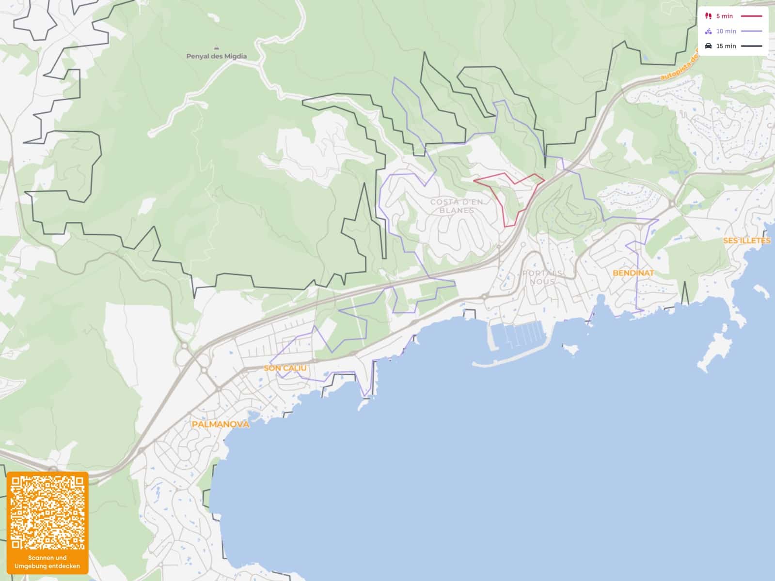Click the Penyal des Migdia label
click(216, 56)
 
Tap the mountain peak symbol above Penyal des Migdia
click(216, 48)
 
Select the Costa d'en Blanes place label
click(457, 206)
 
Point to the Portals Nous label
click(543, 277)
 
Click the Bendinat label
click(633, 273)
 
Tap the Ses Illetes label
click(746, 241)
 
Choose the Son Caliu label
click(285, 368)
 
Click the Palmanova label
click(221, 424)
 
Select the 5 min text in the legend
click(724, 16)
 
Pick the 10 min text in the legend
click(726, 31)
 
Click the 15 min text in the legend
click(726, 46)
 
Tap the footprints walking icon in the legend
click(708, 16)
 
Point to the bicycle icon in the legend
click(708, 31)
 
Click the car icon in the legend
click(708, 46)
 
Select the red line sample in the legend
click(751, 16)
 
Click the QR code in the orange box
click(47, 513)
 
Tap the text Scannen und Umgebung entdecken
click(47, 562)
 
